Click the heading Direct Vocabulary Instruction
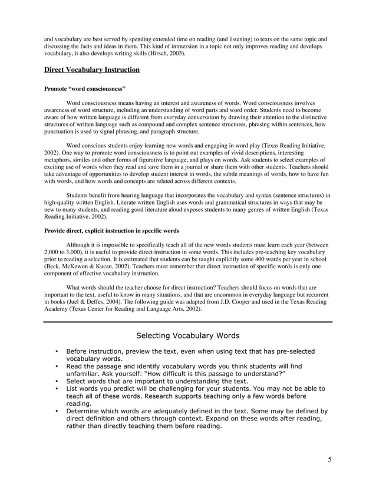pos(92,70)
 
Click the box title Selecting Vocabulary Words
pos(187,336)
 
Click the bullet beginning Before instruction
pos(55,352)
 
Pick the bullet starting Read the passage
pos(55,366)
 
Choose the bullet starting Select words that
pos(55,381)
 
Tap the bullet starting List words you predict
pos(55,389)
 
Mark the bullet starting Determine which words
pos(55,411)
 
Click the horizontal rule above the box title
pos(187,322)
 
